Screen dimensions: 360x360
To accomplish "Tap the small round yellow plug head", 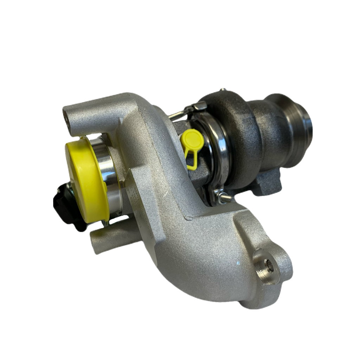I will click(192, 138).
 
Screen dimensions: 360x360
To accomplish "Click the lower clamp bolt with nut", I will click(225, 199).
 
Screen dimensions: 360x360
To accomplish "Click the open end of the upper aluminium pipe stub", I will click(65, 112).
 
